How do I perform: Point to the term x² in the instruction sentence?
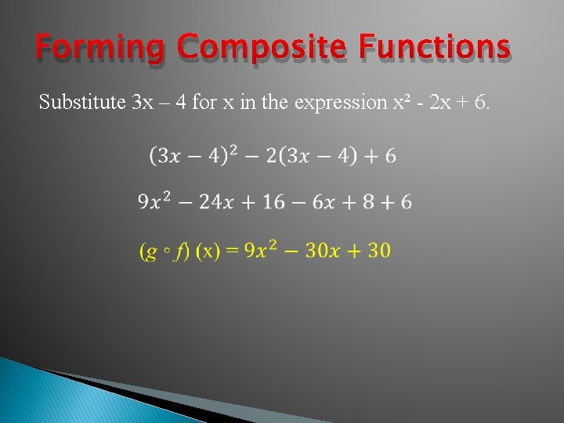(402, 102)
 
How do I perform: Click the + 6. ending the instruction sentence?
(476, 102)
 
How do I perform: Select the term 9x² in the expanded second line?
(154, 202)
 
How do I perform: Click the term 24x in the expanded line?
(216, 202)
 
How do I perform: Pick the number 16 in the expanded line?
(273, 202)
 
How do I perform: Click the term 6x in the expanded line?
(324, 202)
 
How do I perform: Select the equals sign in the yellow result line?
(232, 251)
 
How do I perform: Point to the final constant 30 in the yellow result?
(378, 251)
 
